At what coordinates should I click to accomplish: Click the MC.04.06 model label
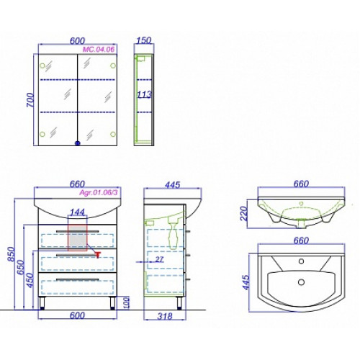pyautogui.click(x=99, y=50)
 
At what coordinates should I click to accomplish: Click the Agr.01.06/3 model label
pyautogui.click(x=99, y=192)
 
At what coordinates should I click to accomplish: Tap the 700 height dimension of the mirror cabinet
pyautogui.click(x=31, y=100)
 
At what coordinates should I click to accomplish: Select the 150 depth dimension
pyautogui.click(x=143, y=40)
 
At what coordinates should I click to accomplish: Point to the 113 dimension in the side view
pyautogui.click(x=144, y=94)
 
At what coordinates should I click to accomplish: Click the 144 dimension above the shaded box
pyautogui.click(x=77, y=212)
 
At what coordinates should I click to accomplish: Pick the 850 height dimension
pyautogui.click(x=12, y=254)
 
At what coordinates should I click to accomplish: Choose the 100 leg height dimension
pyautogui.click(x=126, y=302)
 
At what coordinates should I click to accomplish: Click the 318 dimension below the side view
pyautogui.click(x=165, y=316)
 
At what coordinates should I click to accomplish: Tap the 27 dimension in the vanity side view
pyautogui.click(x=159, y=259)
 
